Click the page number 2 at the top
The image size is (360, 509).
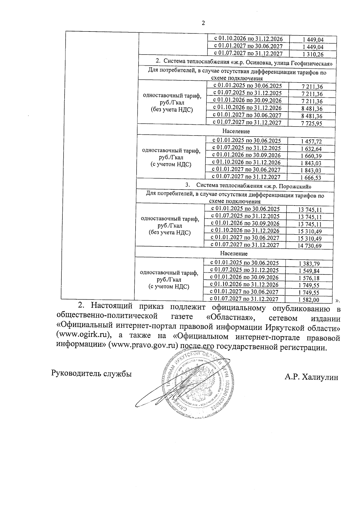[x=203, y=23]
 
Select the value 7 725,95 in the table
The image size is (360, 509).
[x=312, y=123]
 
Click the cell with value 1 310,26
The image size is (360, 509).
[x=313, y=54]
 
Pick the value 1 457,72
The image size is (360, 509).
[x=311, y=141]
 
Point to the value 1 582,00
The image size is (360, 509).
[x=309, y=300]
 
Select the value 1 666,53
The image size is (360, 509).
[x=311, y=178]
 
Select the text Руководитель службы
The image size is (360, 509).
[x=92, y=374]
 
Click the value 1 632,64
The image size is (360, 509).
[x=311, y=149]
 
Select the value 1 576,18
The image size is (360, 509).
[x=309, y=278]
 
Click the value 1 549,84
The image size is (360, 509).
[x=309, y=271]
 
